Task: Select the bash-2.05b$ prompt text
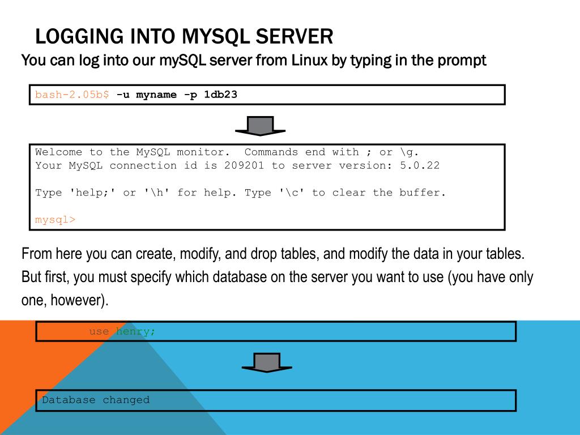[72, 95]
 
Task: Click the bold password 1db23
[220, 95]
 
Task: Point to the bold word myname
[156, 95]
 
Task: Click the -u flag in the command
[123, 95]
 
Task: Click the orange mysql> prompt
[55, 220]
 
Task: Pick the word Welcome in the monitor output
[58, 152]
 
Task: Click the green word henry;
[135, 331]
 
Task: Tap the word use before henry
[99, 331]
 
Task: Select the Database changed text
[96, 400]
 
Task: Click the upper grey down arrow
[261, 126]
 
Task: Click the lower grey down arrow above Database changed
[267, 363]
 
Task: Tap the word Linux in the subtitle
[310, 60]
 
